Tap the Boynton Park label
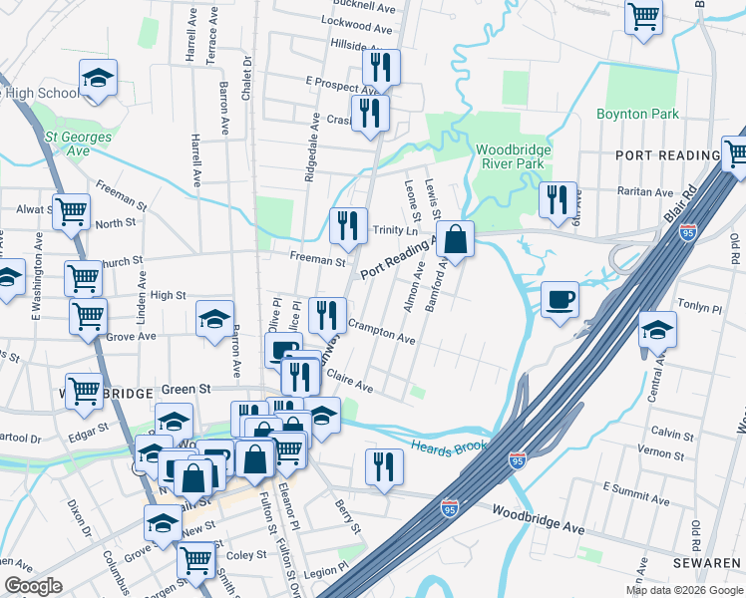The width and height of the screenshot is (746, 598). click(x=637, y=114)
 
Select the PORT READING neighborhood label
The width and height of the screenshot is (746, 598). click(x=667, y=155)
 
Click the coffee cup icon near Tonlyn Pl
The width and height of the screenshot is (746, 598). click(x=559, y=299)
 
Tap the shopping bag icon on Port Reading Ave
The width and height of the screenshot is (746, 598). click(x=455, y=239)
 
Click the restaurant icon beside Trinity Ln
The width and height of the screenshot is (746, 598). click(x=348, y=225)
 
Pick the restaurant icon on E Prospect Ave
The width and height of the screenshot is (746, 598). click(x=381, y=67)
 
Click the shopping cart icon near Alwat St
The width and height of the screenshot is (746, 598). click(x=71, y=211)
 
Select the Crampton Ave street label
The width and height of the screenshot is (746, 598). click(x=382, y=333)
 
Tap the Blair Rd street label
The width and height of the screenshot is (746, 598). click(x=678, y=205)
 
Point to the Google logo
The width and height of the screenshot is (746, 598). click(x=33, y=586)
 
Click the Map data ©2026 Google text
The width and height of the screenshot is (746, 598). click(x=683, y=590)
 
